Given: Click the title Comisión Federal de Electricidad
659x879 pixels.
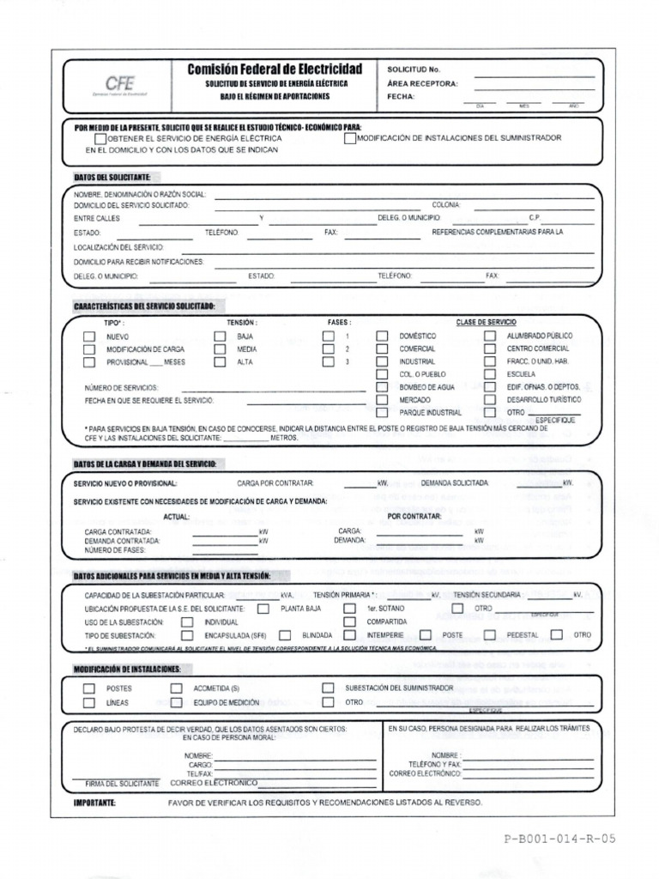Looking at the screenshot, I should coord(275,69).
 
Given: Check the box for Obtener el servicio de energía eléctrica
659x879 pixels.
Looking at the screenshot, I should coord(100,138).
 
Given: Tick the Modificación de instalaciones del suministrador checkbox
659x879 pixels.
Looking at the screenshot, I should coord(350,138).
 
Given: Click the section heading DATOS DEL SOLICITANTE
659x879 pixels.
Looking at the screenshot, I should coord(112,177).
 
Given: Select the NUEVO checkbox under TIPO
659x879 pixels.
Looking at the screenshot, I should coord(89,336).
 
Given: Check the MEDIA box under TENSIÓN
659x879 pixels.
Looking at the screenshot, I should coord(220,349).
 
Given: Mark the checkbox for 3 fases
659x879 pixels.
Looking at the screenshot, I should coord(329,362).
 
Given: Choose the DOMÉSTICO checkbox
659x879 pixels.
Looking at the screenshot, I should coord(383,336).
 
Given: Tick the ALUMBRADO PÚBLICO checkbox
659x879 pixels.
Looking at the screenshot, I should coord(490,336).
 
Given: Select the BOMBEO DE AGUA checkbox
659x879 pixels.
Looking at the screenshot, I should coord(383,388).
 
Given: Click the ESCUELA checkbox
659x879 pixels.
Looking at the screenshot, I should coord(490,375).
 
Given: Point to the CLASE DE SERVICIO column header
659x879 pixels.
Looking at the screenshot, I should coord(486,322).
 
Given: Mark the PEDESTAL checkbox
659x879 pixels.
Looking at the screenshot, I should coord(490,634).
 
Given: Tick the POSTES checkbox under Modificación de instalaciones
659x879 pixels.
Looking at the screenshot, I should coord(89,688).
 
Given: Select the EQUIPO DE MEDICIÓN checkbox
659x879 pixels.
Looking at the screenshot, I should coord(177,702).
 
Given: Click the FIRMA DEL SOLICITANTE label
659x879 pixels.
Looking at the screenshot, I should coord(122,784).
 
